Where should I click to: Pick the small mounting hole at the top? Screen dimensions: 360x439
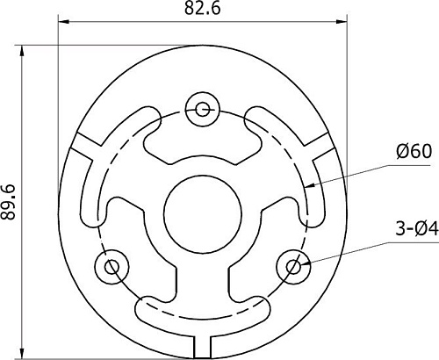point(203,109)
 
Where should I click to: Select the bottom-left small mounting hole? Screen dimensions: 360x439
point(112,264)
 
